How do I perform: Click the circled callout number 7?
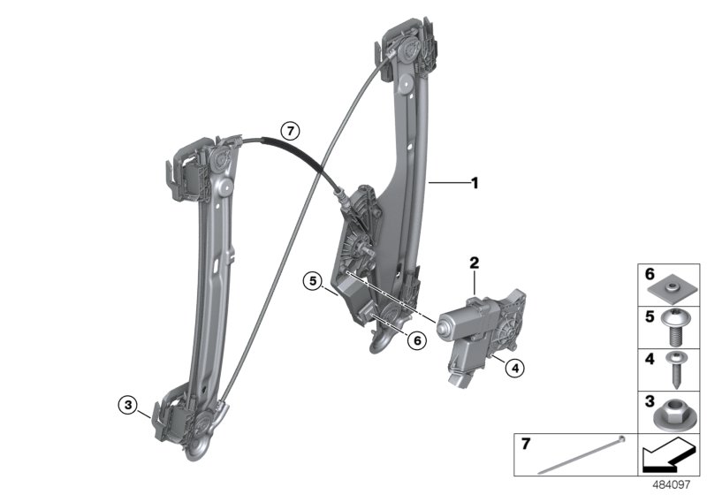pos(289,133)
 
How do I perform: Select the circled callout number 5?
pos(312,282)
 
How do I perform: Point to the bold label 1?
pos(474,184)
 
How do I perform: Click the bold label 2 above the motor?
pos(474,263)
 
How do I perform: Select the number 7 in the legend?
pos(528,442)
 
